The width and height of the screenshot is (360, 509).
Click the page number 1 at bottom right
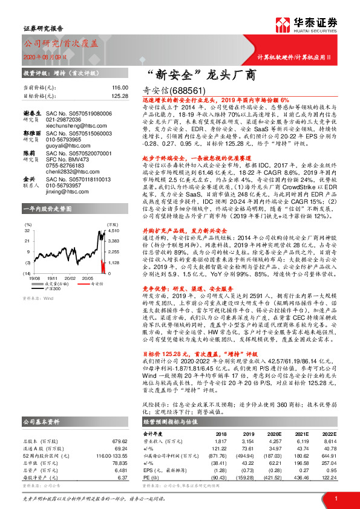(x=335, y=498)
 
